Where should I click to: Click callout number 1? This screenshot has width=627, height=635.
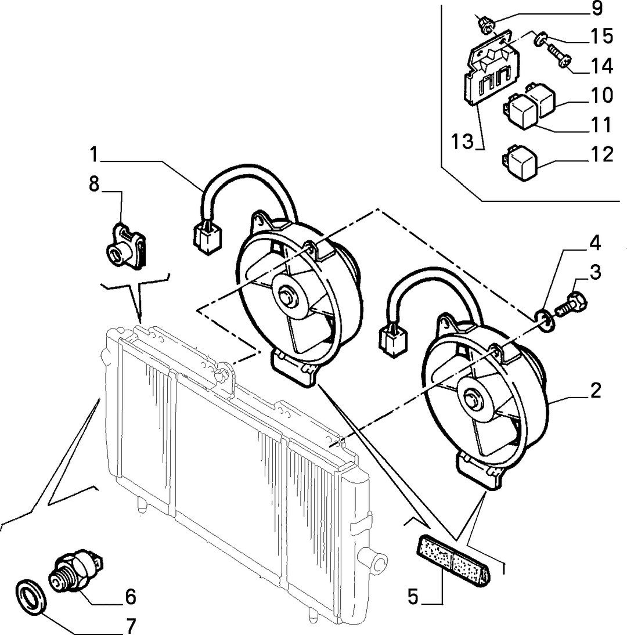[x=94, y=155]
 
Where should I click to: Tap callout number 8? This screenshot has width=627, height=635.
[x=94, y=184]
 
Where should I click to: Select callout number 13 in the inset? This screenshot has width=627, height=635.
[x=462, y=141]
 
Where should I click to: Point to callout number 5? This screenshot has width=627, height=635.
[x=412, y=597]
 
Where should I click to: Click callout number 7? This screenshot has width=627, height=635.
[x=130, y=626]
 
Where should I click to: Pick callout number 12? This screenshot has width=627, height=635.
[x=602, y=155]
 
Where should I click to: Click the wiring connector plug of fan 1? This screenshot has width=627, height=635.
[x=207, y=237]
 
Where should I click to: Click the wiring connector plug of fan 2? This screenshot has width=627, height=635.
[x=392, y=340]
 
